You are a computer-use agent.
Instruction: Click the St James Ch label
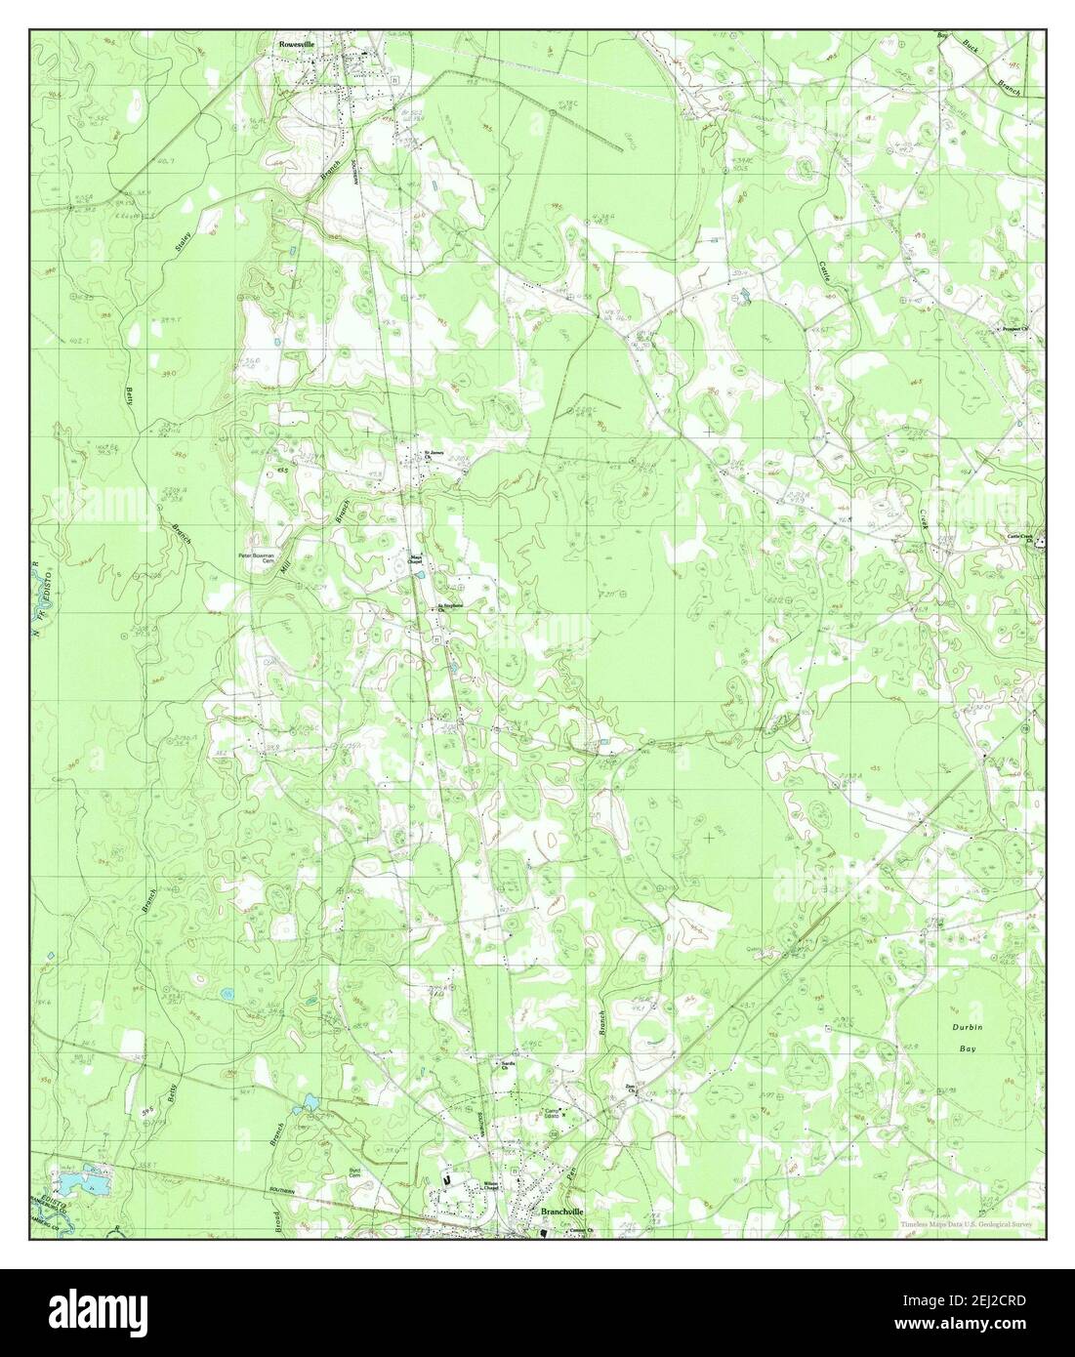[433, 454]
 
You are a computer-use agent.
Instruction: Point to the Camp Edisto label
[557, 1114]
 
